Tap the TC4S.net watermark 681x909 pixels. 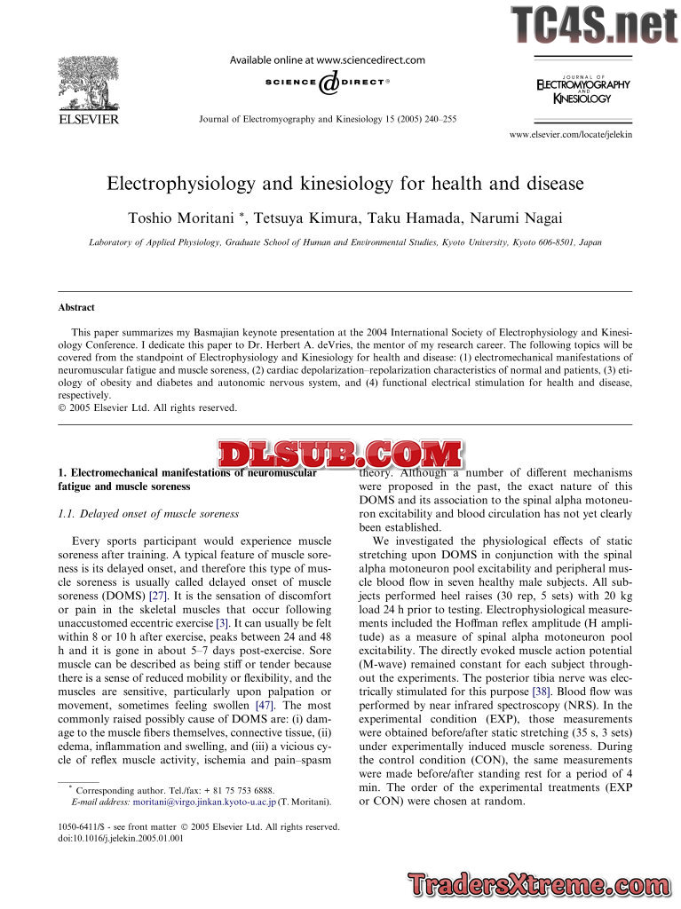(594, 24)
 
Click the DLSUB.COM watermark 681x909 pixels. (340, 456)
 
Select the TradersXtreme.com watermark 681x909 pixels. (540, 885)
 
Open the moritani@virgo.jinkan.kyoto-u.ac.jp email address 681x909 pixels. (203, 802)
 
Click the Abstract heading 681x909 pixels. (76, 307)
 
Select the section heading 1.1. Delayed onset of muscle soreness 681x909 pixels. (149, 514)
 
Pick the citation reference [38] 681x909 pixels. (539, 690)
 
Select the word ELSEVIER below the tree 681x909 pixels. (88, 119)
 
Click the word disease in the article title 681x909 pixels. (552, 184)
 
